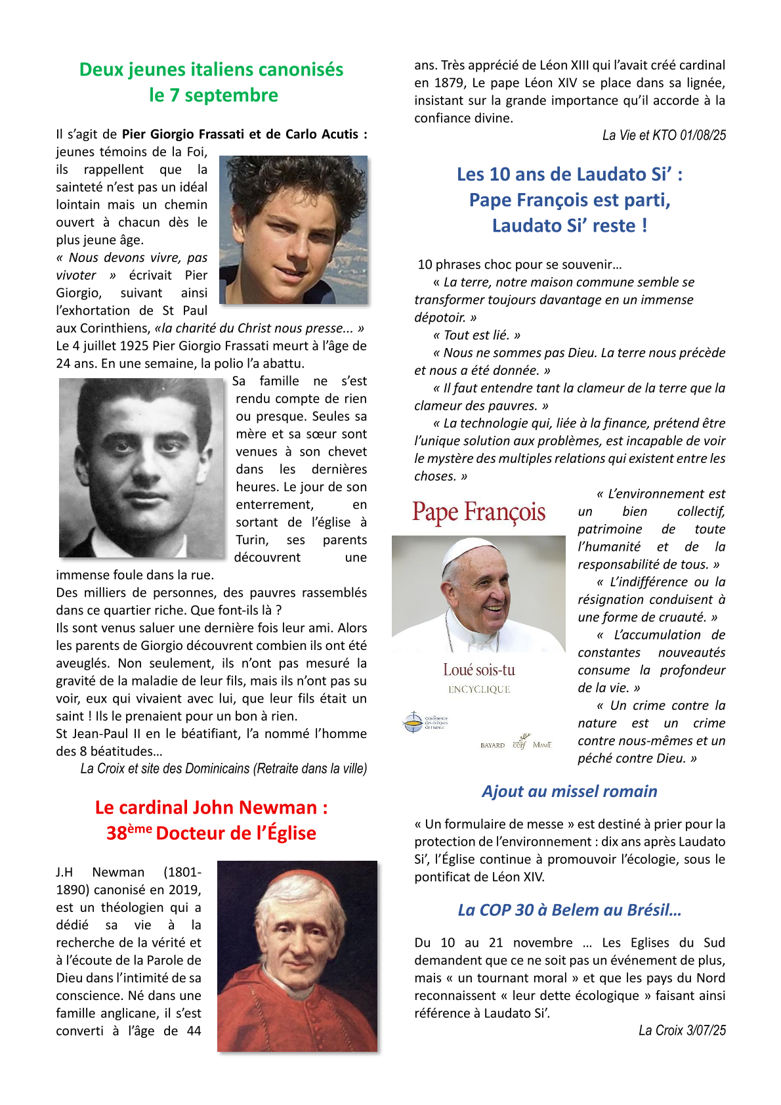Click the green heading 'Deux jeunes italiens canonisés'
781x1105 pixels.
[211, 70]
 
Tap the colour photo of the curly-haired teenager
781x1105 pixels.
[293, 230]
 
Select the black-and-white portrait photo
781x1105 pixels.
[142, 467]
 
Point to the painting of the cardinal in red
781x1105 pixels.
[297, 956]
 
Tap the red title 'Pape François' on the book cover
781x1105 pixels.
[478, 512]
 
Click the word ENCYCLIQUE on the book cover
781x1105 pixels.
[479, 689]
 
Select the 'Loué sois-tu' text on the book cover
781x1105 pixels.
[479, 670]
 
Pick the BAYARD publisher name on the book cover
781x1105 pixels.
[492, 745]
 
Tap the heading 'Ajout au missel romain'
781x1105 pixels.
[570, 791]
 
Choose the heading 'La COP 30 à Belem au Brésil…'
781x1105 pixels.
[570, 910]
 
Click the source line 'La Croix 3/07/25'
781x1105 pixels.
[682, 1030]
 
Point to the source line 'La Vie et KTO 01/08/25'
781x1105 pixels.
[664, 135]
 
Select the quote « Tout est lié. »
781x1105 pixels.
[477, 335]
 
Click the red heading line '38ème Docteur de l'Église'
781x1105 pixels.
[211, 833]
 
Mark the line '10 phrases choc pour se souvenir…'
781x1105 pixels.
[520, 265]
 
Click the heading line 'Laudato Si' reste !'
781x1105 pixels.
[570, 226]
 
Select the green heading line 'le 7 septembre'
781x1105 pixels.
[213, 95]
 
